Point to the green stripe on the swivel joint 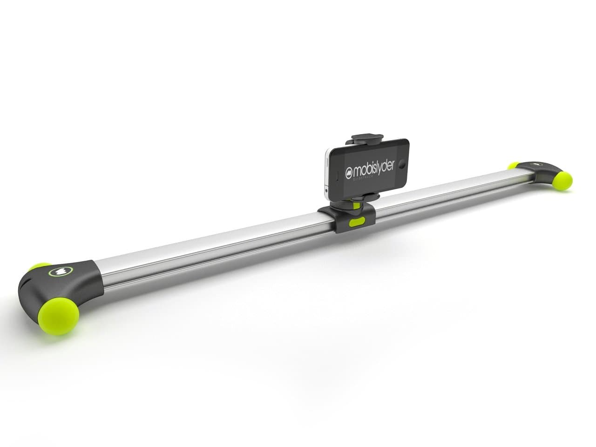coord(356,203)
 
